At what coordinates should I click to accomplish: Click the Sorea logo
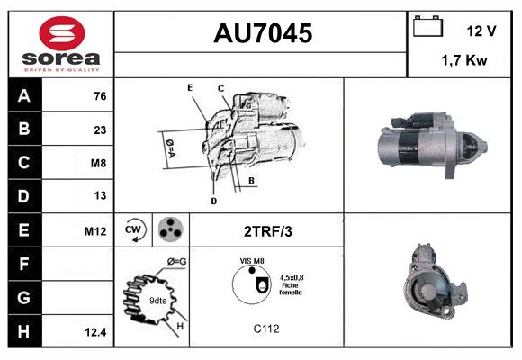(61, 45)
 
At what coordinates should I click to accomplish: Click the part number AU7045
(262, 34)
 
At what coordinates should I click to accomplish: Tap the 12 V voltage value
(481, 31)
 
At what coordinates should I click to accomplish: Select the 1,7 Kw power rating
(464, 61)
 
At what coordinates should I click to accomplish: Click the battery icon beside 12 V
(426, 28)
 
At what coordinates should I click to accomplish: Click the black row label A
(23, 94)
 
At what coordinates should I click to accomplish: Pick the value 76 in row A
(100, 95)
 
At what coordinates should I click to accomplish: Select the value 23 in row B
(100, 129)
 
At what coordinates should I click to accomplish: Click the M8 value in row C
(99, 163)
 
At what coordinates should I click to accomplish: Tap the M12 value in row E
(95, 231)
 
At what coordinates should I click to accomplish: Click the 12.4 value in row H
(96, 332)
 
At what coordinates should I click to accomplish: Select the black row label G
(23, 298)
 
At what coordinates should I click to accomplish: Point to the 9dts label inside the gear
(157, 300)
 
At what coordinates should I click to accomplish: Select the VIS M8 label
(251, 261)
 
